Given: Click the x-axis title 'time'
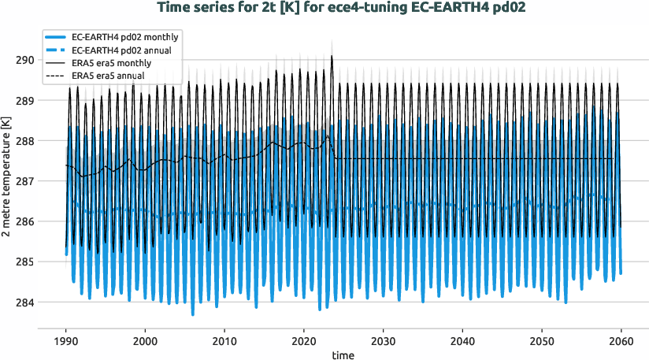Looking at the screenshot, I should point(343,355).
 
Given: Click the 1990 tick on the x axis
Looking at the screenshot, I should point(65,340).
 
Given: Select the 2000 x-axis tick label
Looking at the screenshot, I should point(145,340).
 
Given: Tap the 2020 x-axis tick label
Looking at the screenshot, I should point(303,340).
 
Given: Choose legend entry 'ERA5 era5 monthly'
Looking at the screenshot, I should point(111,63).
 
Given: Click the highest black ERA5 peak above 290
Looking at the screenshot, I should point(332,56).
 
